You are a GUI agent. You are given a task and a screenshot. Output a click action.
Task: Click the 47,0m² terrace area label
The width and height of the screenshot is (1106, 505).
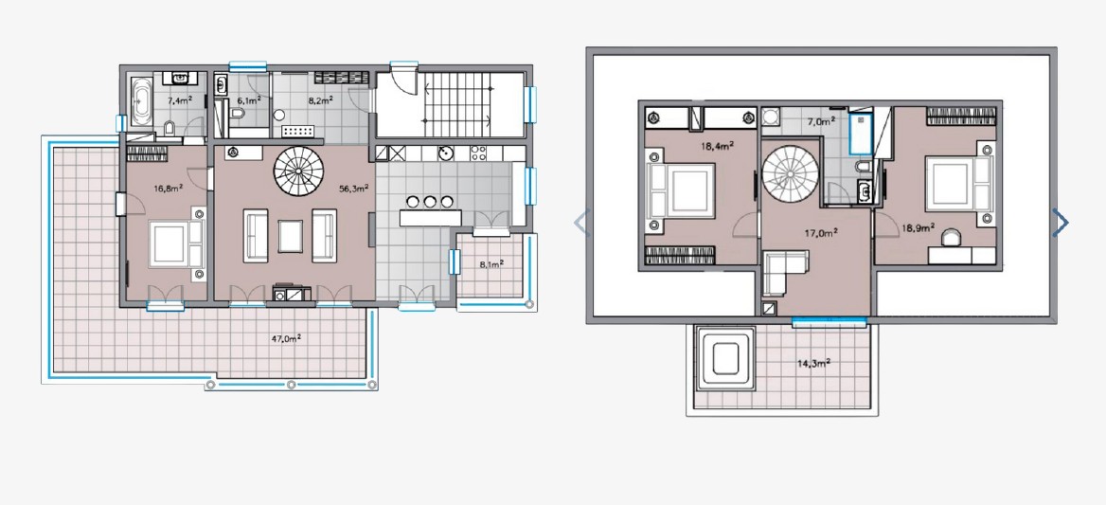click(286, 338)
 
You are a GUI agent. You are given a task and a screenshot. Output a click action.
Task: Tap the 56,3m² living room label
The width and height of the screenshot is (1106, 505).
click(354, 189)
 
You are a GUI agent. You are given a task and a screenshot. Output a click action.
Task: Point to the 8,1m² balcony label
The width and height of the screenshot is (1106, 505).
click(491, 264)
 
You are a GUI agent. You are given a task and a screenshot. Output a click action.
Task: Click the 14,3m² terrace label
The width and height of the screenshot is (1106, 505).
click(813, 363)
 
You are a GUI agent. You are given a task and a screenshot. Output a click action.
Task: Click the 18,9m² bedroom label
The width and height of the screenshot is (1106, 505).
click(919, 227)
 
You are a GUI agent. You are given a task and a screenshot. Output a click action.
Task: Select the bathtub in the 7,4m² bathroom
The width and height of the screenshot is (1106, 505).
click(142, 101)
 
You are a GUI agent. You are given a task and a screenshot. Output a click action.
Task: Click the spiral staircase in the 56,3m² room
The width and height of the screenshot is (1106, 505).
click(299, 171)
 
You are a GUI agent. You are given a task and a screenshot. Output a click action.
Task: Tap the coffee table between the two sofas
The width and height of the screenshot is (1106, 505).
click(290, 236)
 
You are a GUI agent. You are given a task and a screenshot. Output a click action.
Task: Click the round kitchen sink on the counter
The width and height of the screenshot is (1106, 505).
click(445, 153)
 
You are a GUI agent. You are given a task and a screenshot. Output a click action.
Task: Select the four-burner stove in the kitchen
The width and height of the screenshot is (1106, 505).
click(478, 153)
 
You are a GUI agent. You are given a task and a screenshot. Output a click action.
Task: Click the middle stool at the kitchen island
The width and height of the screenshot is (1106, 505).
click(430, 203)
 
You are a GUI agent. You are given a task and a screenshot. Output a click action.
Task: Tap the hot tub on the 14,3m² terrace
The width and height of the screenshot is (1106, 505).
click(725, 357)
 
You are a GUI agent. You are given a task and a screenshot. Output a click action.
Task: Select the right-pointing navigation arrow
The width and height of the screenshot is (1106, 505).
click(1061, 222)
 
